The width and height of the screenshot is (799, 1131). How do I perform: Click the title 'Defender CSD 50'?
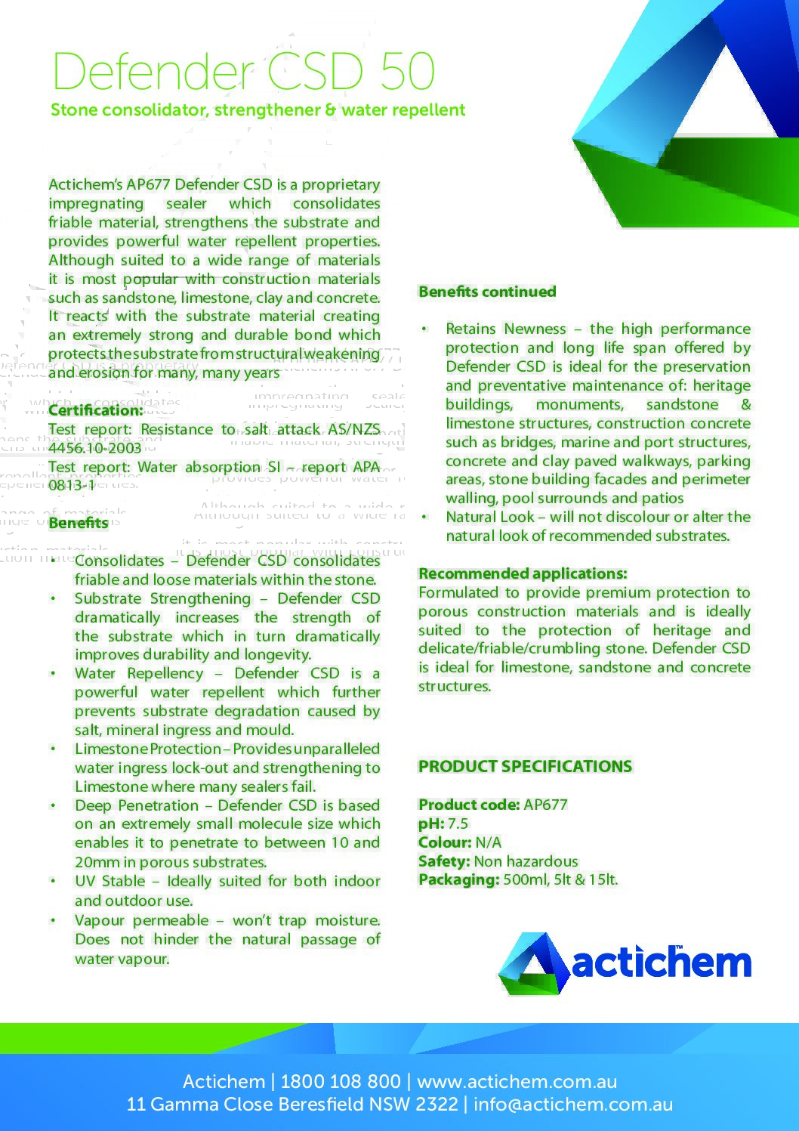pyautogui.click(x=243, y=72)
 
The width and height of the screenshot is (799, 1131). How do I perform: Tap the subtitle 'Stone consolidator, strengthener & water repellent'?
pyautogui.click(x=258, y=110)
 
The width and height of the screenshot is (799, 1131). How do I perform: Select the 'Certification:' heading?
pyautogui.click(x=96, y=411)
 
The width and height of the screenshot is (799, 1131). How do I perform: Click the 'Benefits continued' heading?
pyautogui.click(x=487, y=292)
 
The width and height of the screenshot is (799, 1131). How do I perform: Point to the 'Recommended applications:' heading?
pyautogui.click(x=523, y=573)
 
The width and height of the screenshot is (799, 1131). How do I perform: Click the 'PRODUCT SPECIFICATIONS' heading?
pyautogui.click(x=525, y=766)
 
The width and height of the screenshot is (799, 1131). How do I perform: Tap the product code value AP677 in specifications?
pyautogui.click(x=545, y=805)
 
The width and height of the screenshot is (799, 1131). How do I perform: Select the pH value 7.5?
pyautogui.click(x=458, y=824)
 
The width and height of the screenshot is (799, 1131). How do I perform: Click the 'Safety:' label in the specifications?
pyautogui.click(x=444, y=861)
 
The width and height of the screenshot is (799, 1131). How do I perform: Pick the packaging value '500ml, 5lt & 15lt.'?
pyautogui.click(x=560, y=880)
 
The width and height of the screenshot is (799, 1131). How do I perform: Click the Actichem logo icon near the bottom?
pyautogui.click(x=533, y=963)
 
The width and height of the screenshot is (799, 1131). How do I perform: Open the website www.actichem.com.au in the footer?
pyautogui.click(x=517, y=1082)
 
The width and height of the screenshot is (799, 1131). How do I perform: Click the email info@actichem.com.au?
pyautogui.click(x=573, y=1105)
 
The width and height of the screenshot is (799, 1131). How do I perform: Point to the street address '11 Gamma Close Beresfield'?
pyautogui.click(x=245, y=1105)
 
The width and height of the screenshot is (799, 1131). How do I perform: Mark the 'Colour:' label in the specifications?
pyautogui.click(x=445, y=842)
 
